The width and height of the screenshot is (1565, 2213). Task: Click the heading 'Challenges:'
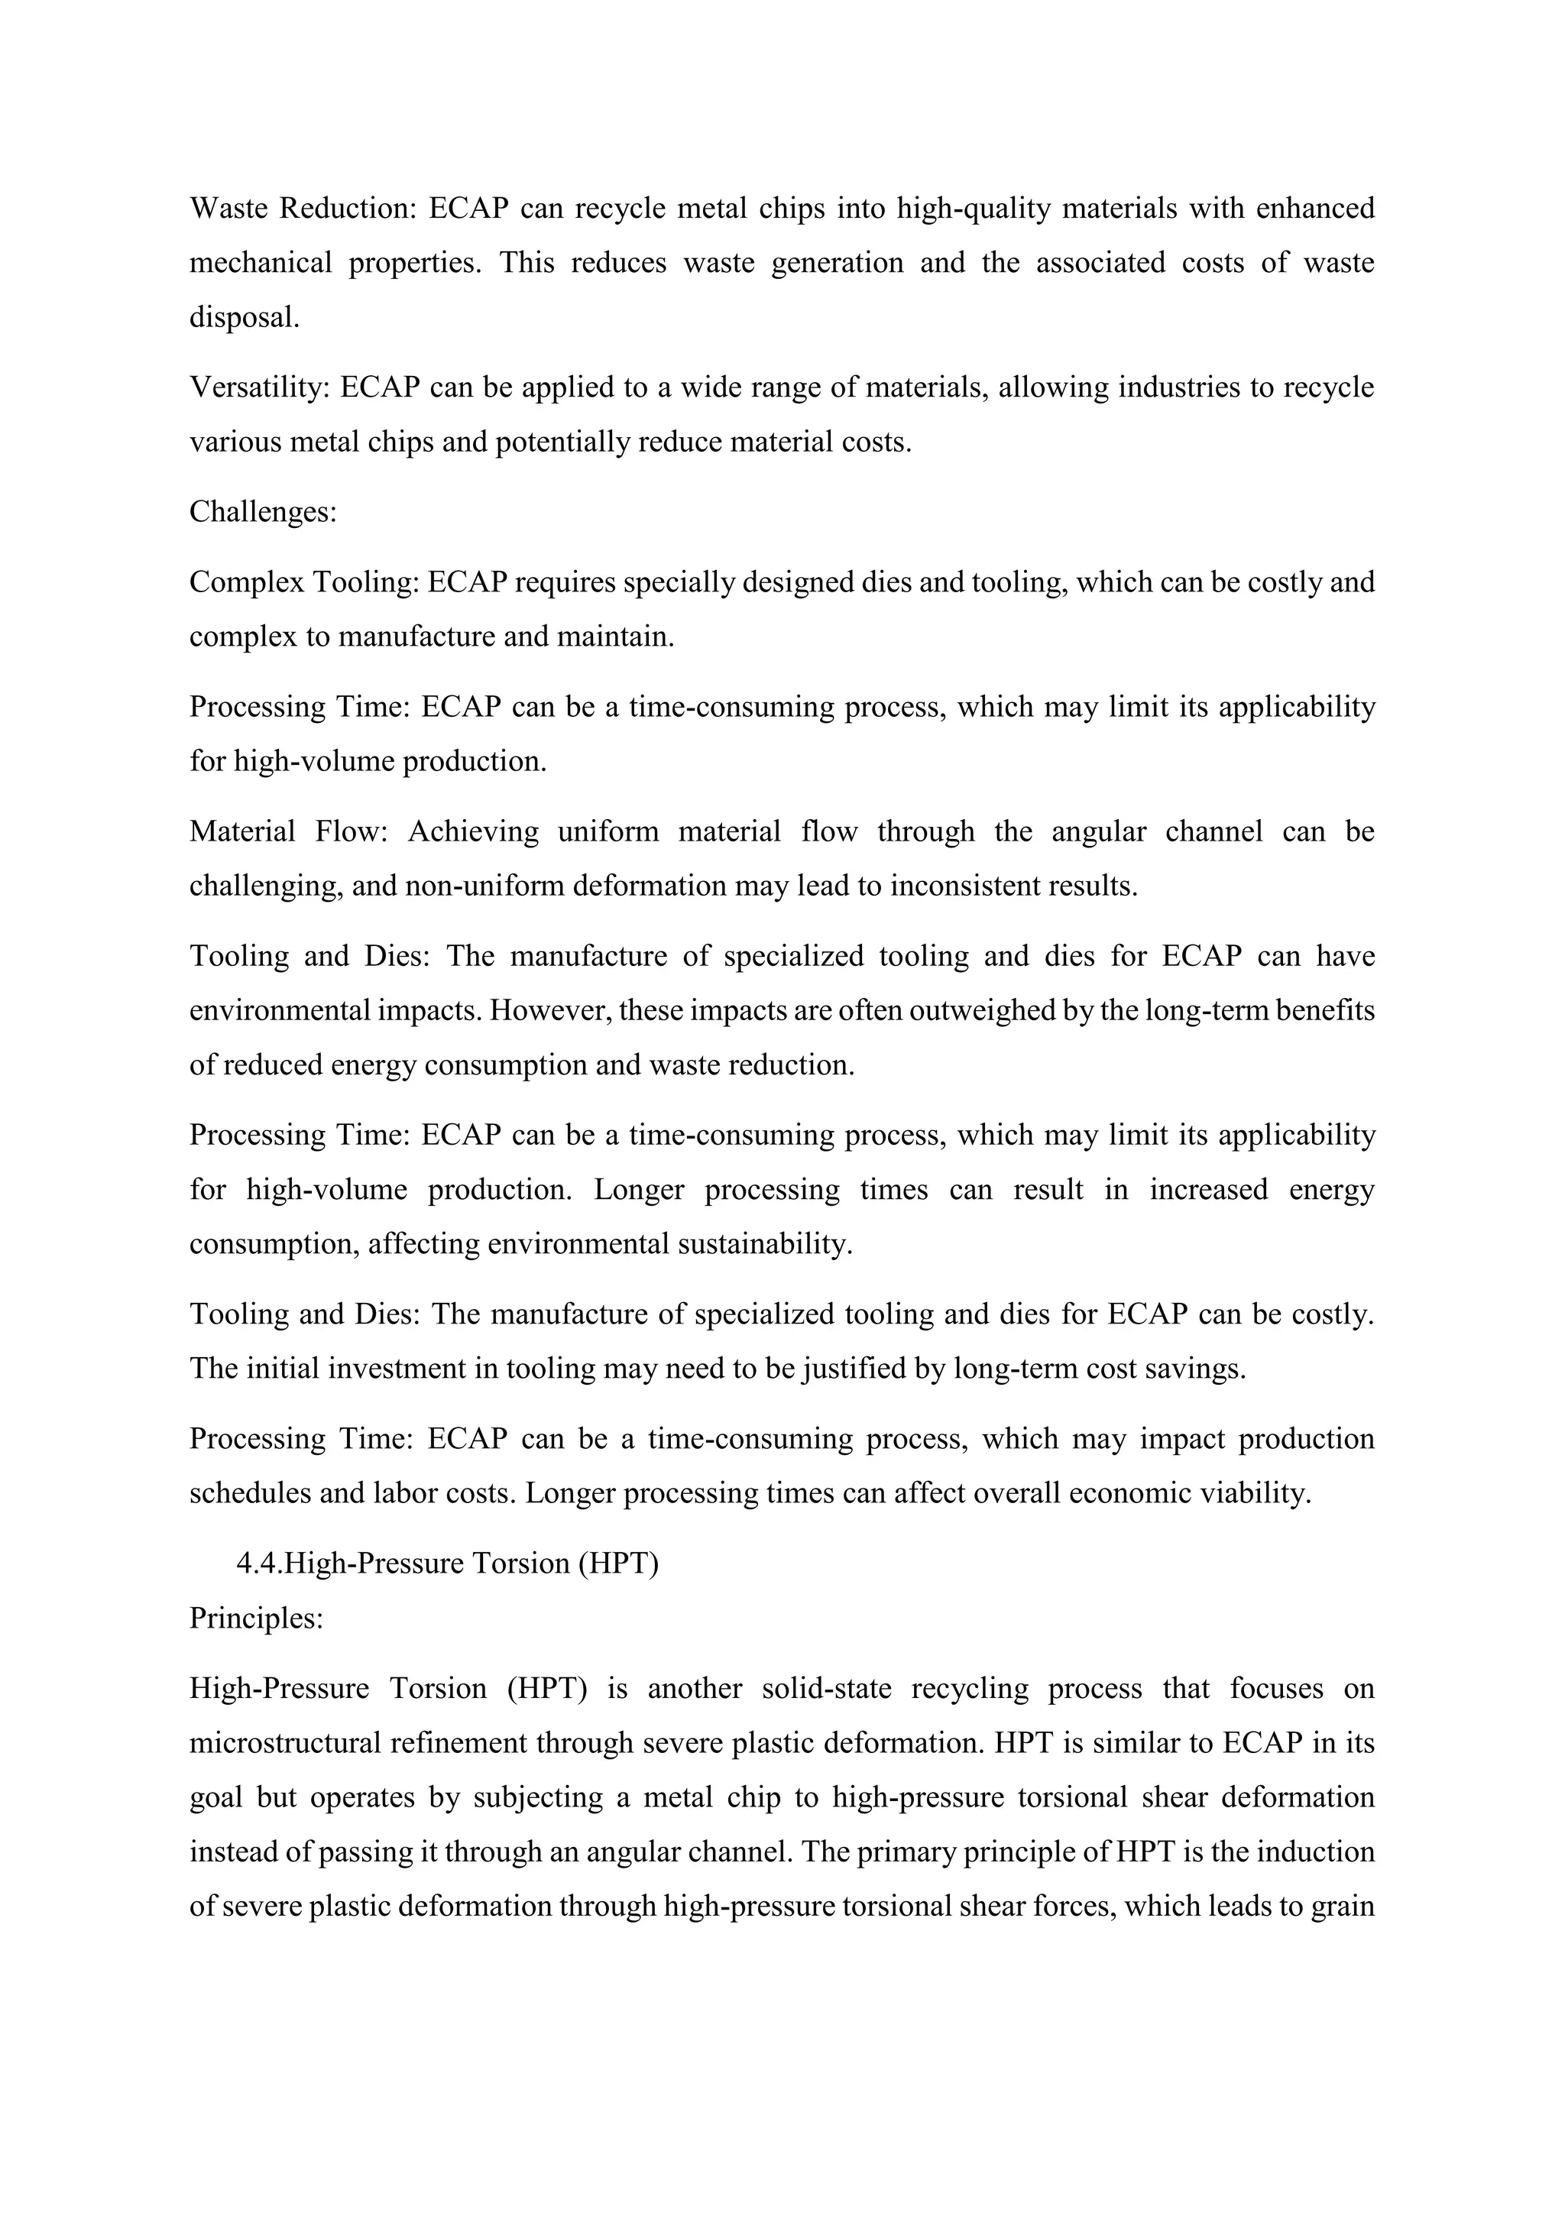[262, 512]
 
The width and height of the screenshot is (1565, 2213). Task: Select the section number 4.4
[259, 1563]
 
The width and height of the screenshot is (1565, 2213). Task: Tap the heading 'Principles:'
[255, 1618]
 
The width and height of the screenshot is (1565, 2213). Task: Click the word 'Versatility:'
[260, 387]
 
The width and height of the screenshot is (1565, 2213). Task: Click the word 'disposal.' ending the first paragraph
[244, 318]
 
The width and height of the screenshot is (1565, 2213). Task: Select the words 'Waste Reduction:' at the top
[302, 208]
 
